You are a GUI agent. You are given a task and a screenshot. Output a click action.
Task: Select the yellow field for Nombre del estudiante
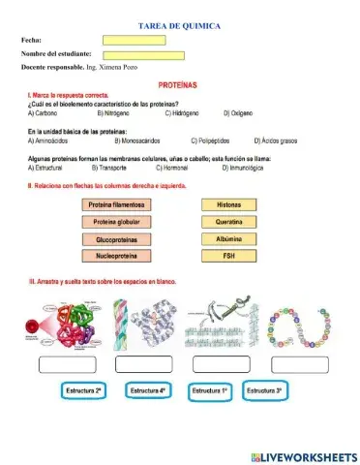tap(142, 54)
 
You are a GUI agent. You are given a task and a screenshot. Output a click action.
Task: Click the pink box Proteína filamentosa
tap(116, 205)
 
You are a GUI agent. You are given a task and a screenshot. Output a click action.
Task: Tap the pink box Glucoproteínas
tap(116, 238)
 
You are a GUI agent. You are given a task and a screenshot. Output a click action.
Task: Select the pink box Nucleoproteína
tap(116, 256)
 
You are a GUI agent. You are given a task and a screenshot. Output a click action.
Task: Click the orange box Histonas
tap(228, 205)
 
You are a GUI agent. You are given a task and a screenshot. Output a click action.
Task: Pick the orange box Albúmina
tap(228, 238)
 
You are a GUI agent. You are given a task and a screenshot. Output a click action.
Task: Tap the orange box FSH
tap(228, 256)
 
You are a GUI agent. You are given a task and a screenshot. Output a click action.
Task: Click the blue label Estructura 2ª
tap(83, 389)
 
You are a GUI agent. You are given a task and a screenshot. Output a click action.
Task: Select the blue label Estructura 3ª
tap(263, 389)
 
